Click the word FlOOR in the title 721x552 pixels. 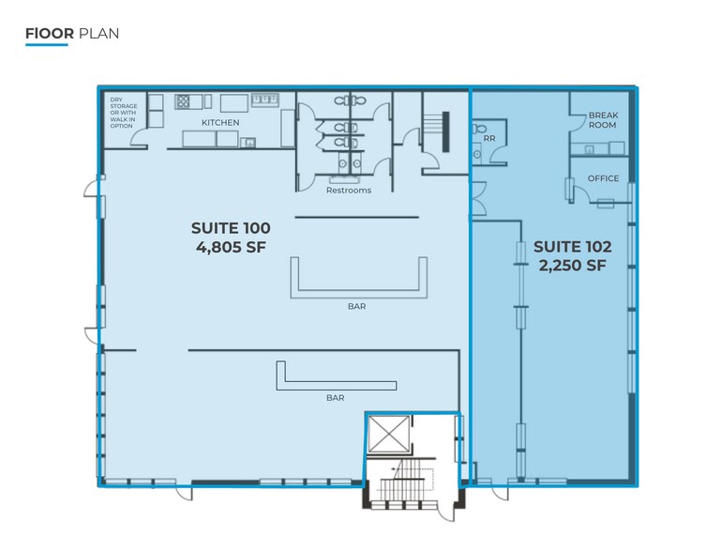50,34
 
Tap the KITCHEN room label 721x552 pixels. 220,122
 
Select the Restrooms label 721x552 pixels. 349,191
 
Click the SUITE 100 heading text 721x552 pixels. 231,228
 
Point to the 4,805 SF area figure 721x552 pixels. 231,247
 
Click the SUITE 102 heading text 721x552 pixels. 573,247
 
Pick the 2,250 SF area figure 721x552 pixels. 573,266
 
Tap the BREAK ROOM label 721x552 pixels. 603,120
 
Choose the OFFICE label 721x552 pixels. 603,178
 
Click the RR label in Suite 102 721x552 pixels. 489,138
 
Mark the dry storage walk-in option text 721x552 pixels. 123,113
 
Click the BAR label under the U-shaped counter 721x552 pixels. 357,306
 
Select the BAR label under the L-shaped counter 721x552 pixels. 336,398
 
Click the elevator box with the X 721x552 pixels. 388,434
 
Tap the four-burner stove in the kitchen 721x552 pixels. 183,101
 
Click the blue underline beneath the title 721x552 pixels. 47,45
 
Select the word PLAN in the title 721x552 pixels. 98,34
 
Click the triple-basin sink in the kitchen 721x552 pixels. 264,100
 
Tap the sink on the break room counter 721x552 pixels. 589,149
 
